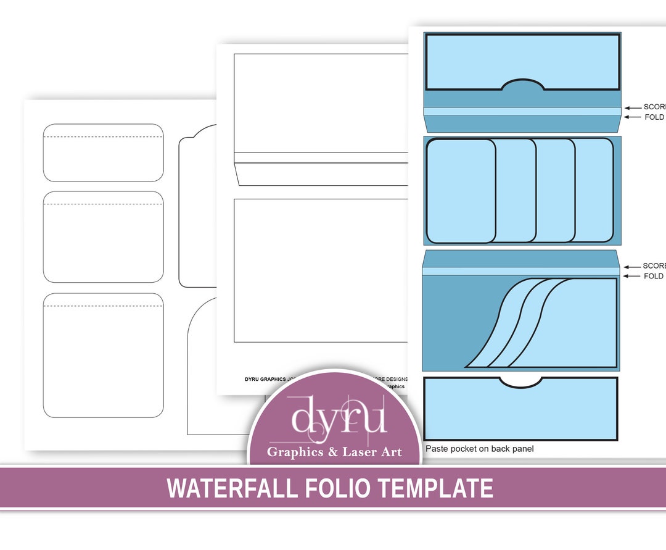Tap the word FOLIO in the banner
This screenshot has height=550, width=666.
click(x=337, y=488)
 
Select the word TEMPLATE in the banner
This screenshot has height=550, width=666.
click(x=435, y=488)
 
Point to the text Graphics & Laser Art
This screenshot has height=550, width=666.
click(x=334, y=452)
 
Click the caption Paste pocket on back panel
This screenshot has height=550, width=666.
click(x=479, y=449)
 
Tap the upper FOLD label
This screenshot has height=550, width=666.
click(x=654, y=117)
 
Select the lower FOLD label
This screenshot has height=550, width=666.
click(x=654, y=277)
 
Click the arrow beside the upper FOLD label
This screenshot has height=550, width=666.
click(x=633, y=117)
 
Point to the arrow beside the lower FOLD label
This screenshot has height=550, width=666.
click(x=632, y=277)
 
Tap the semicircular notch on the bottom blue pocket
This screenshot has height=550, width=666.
click(x=520, y=381)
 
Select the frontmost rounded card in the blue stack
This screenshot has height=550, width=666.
click(x=461, y=191)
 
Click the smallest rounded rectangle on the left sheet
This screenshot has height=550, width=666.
click(x=103, y=153)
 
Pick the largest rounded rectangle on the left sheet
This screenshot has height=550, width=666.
click(x=103, y=355)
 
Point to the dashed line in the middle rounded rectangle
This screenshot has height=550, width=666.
click(x=103, y=204)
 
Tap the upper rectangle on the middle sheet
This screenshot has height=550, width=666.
click(x=321, y=102)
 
